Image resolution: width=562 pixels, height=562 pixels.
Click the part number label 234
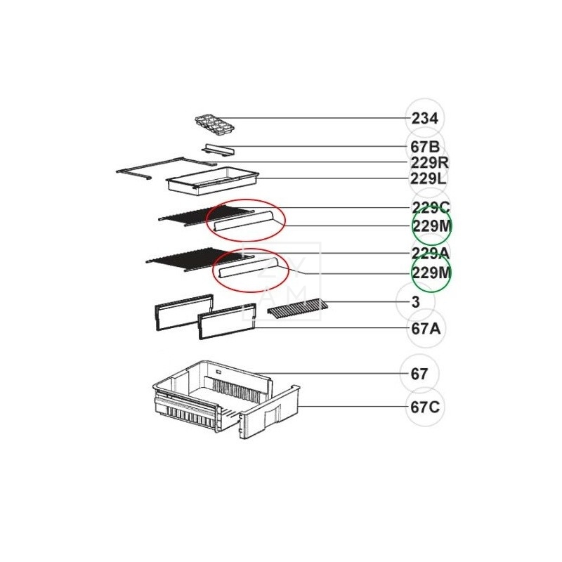(425, 118)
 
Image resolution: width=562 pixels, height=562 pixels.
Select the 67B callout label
(425, 147)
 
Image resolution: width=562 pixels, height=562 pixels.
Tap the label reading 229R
(429, 163)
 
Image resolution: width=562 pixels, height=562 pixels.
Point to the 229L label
(429, 178)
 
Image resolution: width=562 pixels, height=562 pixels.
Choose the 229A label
(430, 254)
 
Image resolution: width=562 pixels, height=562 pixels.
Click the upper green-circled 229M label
(432, 226)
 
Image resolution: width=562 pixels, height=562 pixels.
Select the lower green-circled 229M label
(431, 273)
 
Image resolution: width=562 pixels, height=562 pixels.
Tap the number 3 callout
(415, 302)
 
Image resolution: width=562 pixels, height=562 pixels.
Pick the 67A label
(426, 329)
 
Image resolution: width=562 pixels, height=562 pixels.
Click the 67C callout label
(425, 407)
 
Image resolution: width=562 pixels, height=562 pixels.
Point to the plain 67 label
(419, 374)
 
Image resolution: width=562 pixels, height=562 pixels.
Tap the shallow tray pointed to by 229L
(213, 181)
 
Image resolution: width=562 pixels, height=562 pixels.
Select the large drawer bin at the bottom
(226, 400)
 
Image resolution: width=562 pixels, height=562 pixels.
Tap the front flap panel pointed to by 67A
(227, 321)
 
